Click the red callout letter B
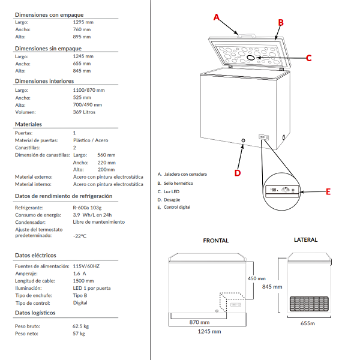[280, 22]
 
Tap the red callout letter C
[308, 58]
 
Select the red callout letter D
[237, 173]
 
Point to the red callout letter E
[328, 192]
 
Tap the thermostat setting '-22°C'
[79, 236]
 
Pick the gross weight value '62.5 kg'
[80, 326]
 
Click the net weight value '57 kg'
[79, 333]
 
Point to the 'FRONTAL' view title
[215, 241]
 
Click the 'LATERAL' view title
[305, 240]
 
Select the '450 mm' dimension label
[256, 278]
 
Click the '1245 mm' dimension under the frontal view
[208, 331]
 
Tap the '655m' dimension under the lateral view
[308, 323]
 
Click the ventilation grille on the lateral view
[309, 304]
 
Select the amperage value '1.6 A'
[79, 272]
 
